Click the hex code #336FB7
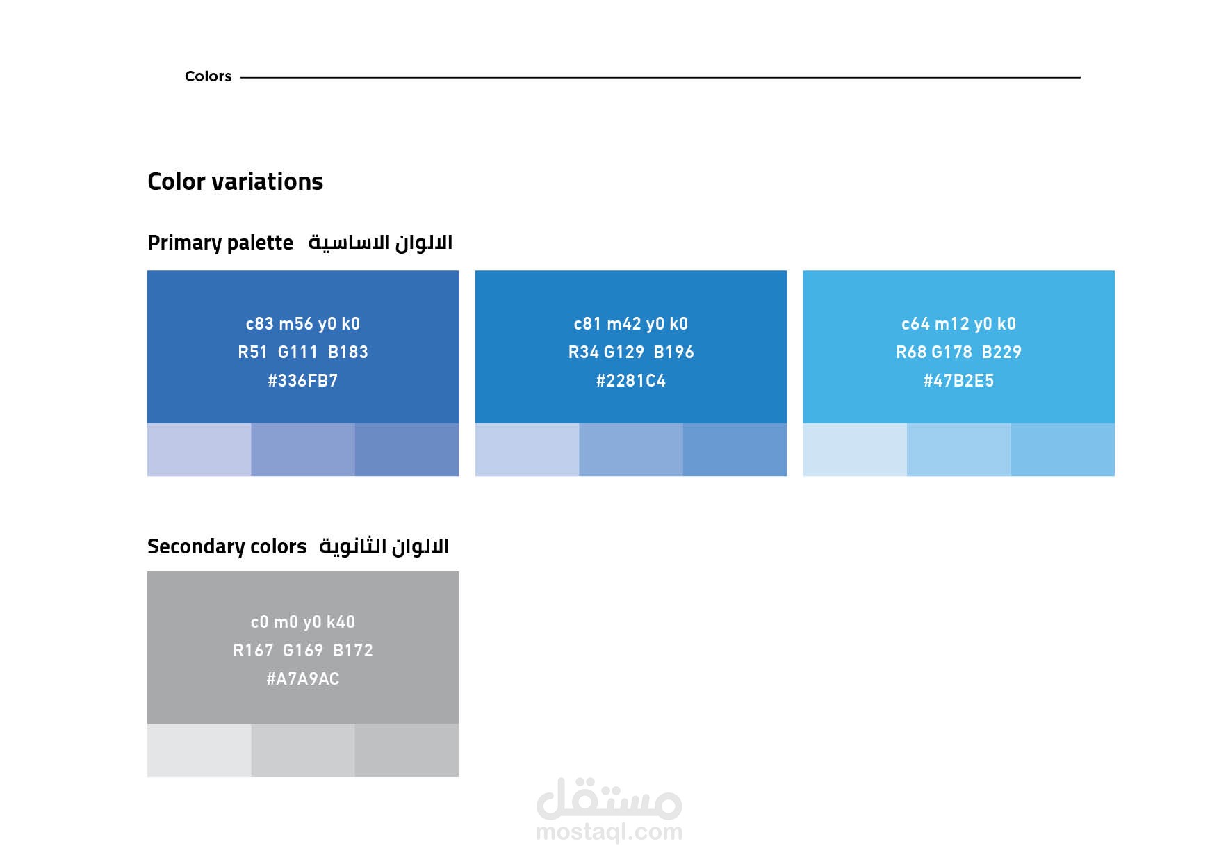[303, 381]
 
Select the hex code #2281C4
[631, 381]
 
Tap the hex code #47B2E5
[958, 381]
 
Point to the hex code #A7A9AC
[303, 679]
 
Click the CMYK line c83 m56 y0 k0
[303, 324]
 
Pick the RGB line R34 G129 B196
[631, 352]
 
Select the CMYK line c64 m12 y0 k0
[958, 324]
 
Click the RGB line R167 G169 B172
[303, 651]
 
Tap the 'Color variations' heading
[236, 181]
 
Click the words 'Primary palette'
[220, 243]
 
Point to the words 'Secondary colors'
[227, 547]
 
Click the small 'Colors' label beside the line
[208, 76]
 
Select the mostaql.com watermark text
[609, 831]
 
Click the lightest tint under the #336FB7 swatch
[199, 450]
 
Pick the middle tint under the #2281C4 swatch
[631, 450]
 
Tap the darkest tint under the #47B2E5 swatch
[1063, 450]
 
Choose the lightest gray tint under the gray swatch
[199, 751]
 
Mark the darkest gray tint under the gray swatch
[407, 751]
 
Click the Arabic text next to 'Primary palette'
[380, 243]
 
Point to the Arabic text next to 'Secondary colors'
[384, 546]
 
